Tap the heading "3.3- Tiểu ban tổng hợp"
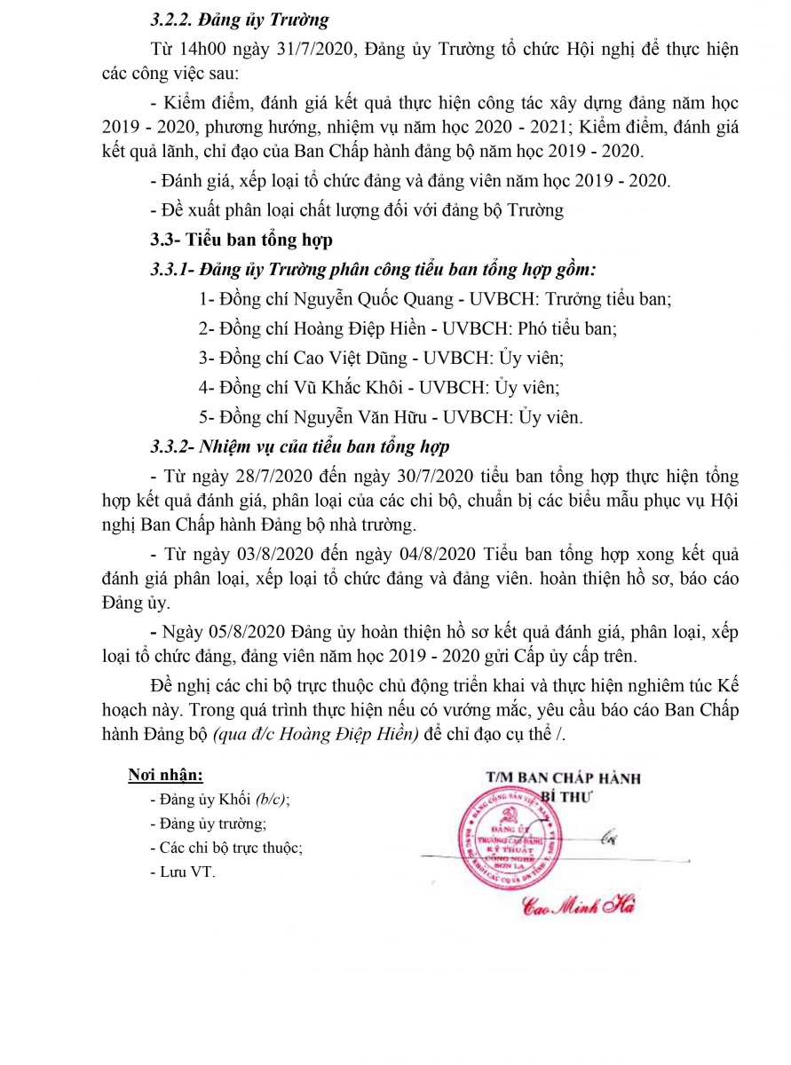pos(241,240)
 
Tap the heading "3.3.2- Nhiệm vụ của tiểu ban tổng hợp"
pos(300,446)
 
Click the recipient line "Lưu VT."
pos(187,872)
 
